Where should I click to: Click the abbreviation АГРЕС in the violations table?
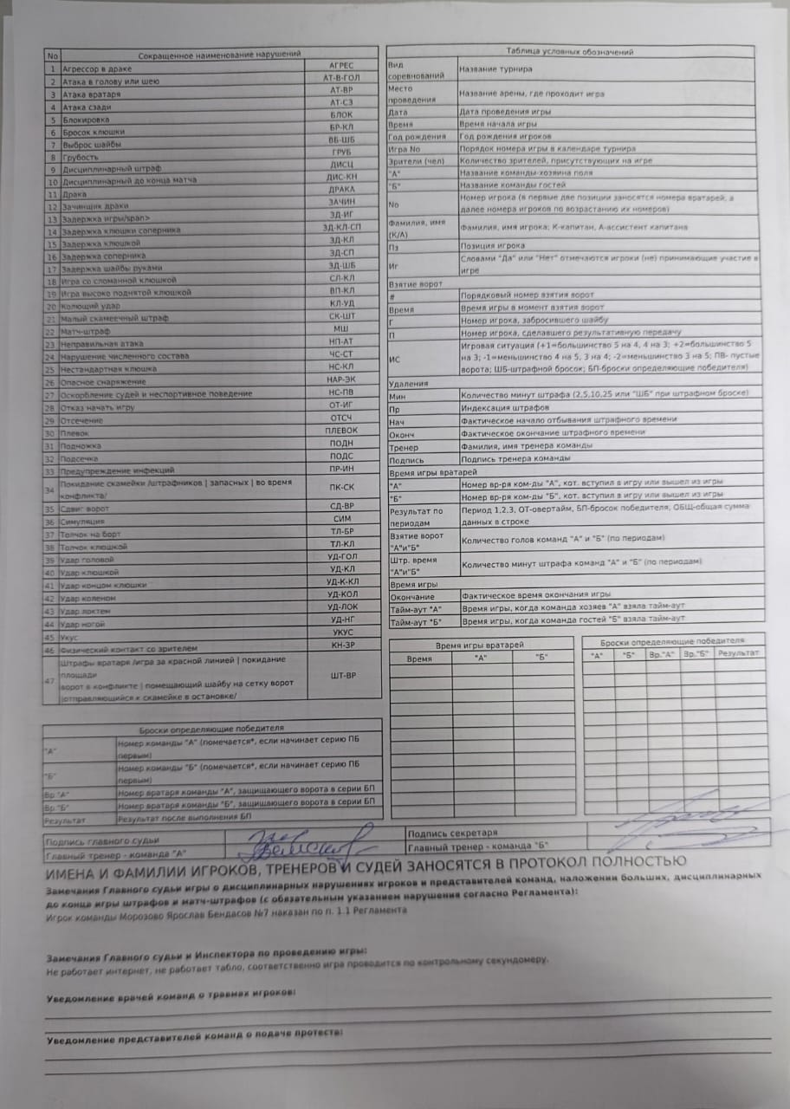[x=341, y=66]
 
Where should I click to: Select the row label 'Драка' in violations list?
[x=74, y=194]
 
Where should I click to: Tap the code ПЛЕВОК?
[x=341, y=431]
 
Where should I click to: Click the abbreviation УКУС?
[x=343, y=632]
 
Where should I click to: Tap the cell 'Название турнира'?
[x=495, y=68]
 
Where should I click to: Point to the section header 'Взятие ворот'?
[x=416, y=283]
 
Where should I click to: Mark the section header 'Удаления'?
[x=409, y=382]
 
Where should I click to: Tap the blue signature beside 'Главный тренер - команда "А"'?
[x=308, y=841]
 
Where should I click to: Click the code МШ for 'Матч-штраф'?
[x=341, y=330]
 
